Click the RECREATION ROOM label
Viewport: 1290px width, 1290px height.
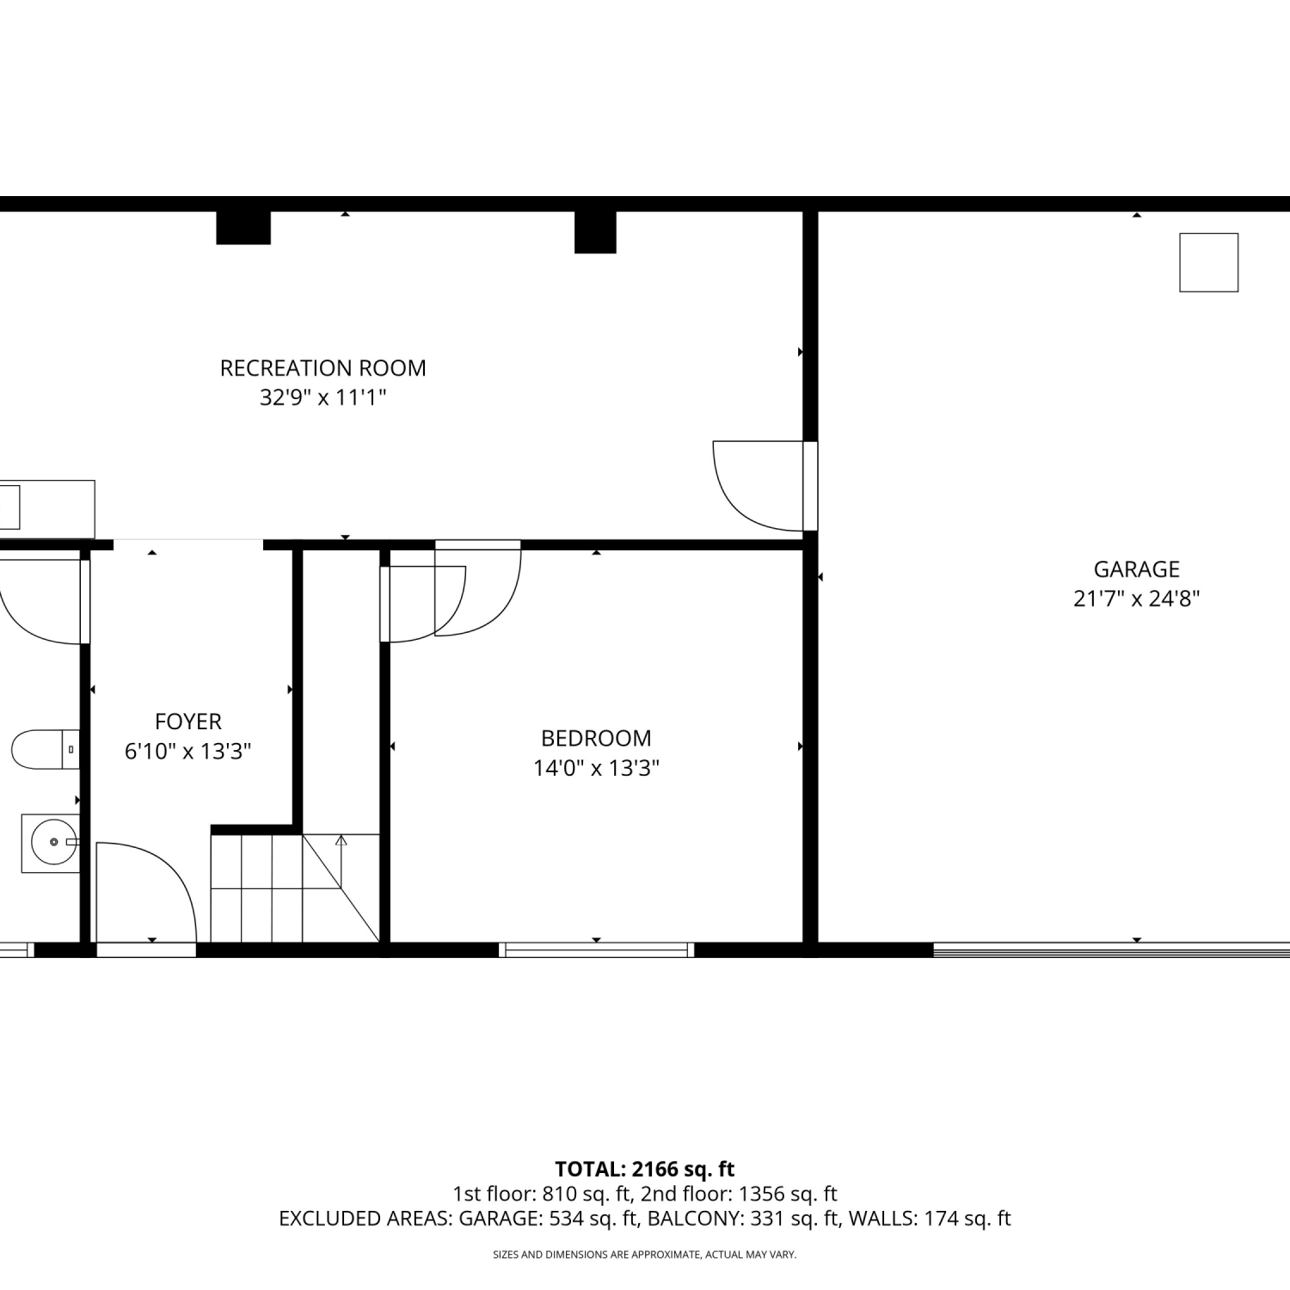(322, 368)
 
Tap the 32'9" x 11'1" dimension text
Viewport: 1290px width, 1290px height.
(322, 397)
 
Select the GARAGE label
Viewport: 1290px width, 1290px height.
(1136, 569)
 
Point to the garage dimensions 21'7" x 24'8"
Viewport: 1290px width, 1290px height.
(1136, 599)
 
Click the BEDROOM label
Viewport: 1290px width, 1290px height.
(596, 738)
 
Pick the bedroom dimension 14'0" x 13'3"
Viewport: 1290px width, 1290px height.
(596, 768)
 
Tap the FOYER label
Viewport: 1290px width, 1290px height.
(188, 722)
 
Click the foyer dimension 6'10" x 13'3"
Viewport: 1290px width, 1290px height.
(188, 752)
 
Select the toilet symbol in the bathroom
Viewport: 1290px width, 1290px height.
(46, 749)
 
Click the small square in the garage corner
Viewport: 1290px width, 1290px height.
(1208, 262)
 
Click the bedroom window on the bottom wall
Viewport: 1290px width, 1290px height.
(596, 949)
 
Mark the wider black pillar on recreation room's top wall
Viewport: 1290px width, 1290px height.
(243, 228)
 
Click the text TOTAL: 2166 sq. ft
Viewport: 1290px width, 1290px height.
(645, 1170)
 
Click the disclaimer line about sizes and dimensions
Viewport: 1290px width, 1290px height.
(645, 1255)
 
